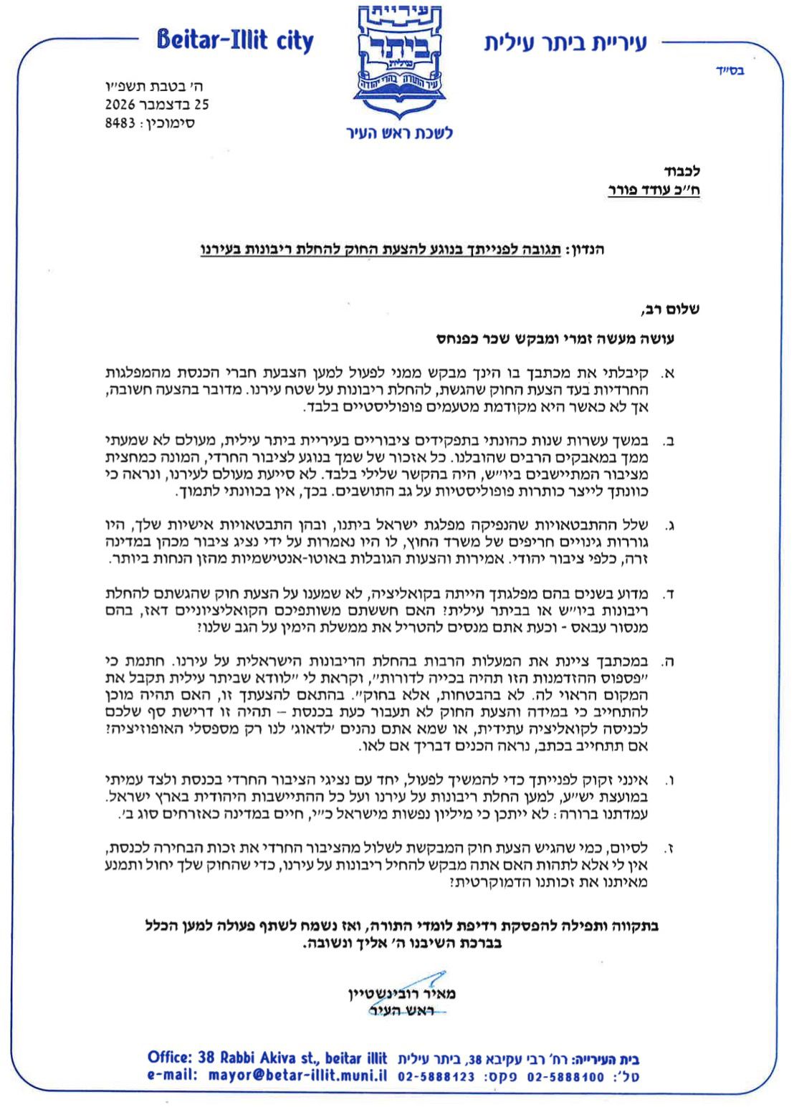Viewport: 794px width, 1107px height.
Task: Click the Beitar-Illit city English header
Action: (235, 41)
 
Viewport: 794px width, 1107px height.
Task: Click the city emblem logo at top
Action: (400, 61)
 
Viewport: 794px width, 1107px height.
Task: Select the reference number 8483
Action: (120, 123)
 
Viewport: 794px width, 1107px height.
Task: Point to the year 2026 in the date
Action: (120, 105)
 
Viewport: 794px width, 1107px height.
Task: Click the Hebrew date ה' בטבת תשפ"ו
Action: (166, 87)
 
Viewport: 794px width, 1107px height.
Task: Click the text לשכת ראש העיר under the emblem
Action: (400, 133)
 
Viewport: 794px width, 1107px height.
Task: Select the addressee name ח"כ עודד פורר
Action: (654, 190)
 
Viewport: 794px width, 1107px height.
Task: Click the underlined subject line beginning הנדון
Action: (402, 250)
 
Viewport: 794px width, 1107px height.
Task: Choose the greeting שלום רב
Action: (670, 310)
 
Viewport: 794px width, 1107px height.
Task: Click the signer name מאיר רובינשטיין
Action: (402, 994)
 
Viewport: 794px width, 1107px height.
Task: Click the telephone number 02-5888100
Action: (565, 1076)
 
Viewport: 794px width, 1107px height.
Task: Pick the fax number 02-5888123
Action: (436, 1076)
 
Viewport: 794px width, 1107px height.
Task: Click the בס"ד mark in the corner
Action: (730, 70)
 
